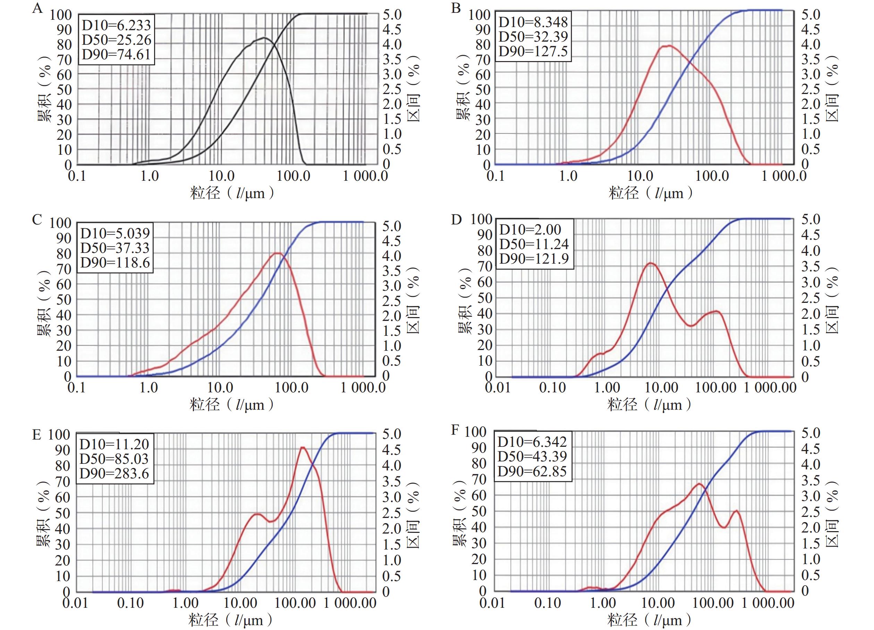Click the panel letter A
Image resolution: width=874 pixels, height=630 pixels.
[x=37, y=8]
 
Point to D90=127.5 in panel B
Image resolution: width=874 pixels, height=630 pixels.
[x=533, y=51]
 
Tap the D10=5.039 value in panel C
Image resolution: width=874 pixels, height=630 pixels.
[x=115, y=233]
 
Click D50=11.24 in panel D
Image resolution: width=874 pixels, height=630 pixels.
[x=534, y=244]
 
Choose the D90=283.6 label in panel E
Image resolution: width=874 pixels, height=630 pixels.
[x=114, y=474]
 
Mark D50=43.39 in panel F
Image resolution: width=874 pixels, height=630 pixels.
[x=532, y=457]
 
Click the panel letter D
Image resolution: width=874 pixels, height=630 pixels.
[x=456, y=220]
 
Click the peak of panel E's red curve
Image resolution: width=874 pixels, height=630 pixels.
[x=303, y=448]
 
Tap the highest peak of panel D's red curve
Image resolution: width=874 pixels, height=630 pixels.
[x=651, y=263]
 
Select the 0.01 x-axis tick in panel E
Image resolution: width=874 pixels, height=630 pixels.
[x=76, y=603]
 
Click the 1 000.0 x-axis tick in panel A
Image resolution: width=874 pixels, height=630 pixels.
[x=365, y=176]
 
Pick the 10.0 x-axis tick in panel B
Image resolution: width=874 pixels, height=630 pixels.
[x=640, y=176]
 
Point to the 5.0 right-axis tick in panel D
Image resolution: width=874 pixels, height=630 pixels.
[x=811, y=219]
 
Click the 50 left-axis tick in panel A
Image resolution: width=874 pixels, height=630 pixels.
[x=64, y=90]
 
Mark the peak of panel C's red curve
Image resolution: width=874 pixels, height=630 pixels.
[x=278, y=253]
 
